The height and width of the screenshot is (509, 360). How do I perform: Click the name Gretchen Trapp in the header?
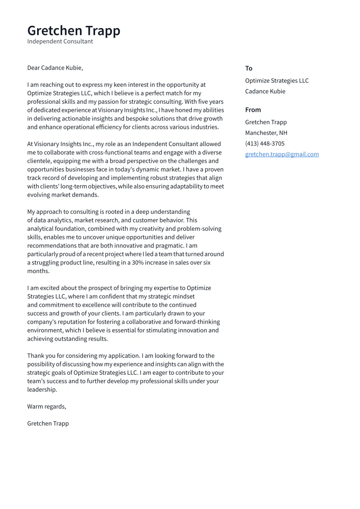click(x=73, y=31)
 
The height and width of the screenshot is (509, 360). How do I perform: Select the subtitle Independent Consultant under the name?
click(x=60, y=41)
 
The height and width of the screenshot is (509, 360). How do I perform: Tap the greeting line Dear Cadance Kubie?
click(x=55, y=68)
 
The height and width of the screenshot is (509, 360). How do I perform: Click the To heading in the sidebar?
click(x=248, y=68)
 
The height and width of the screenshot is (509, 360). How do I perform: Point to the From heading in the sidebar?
click(x=253, y=110)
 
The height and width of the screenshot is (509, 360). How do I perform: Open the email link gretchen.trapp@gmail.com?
click(x=282, y=154)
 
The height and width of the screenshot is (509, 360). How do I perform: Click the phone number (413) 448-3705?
click(x=264, y=143)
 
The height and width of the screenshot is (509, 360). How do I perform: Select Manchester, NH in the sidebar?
click(x=266, y=133)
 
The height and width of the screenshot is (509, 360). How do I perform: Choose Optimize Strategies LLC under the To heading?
click(x=277, y=81)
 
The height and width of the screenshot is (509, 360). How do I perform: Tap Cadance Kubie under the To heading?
click(x=265, y=91)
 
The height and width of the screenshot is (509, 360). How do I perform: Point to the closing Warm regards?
click(x=47, y=407)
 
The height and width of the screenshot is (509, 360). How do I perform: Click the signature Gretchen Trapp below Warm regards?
click(x=48, y=423)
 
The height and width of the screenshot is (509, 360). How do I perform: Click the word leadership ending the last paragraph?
click(x=42, y=389)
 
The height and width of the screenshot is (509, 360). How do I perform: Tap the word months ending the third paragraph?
click(x=38, y=271)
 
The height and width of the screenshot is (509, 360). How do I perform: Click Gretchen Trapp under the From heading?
click(x=266, y=122)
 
